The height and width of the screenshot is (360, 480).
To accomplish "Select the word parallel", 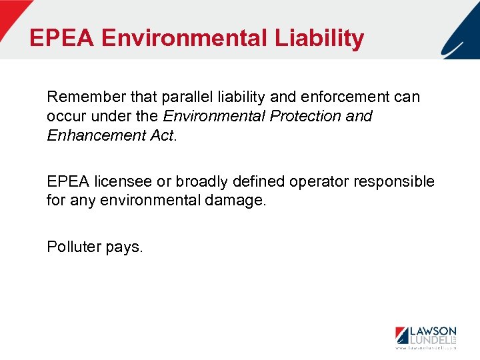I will (176, 97).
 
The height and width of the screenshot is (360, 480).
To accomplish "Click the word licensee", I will (123, 181).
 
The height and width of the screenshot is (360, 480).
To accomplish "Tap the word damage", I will (236, 200).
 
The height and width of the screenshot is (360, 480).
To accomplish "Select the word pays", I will (124, 247).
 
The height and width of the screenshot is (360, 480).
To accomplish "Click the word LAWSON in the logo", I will (432, 331).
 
